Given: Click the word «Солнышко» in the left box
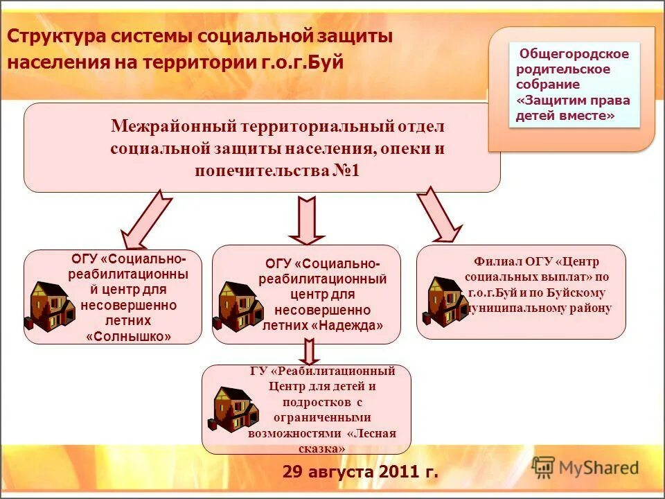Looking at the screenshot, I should coord(129,337).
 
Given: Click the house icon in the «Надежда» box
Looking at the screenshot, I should coord(237,306).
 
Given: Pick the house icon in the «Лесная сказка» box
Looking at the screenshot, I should coord(233,409).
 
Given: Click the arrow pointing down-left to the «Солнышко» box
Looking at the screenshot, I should coord(145,220).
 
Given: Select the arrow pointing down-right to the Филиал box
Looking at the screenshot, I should coord(438,215).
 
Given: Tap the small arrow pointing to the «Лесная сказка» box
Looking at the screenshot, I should coord(310,351).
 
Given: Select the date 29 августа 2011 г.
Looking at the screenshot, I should coord(360,473).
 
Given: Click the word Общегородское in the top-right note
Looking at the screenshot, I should coord(574,53).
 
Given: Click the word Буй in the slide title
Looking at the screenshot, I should coord(328,62).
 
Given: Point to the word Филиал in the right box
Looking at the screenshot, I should coord(495,261).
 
